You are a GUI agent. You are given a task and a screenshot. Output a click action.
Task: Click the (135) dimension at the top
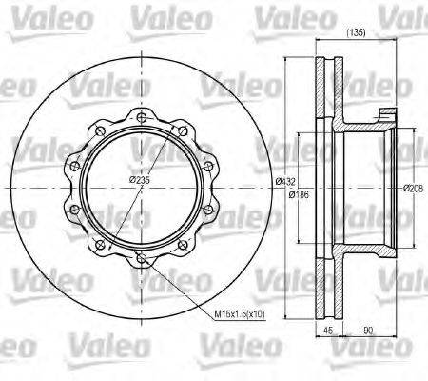click(x=357, y=33)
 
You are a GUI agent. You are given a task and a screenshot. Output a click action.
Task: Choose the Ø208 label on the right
click(x=412, y=187)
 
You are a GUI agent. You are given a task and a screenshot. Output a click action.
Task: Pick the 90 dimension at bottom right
click(x=367, y=331)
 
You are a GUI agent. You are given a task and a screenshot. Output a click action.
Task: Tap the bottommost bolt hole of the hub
click(x=141, y=257)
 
